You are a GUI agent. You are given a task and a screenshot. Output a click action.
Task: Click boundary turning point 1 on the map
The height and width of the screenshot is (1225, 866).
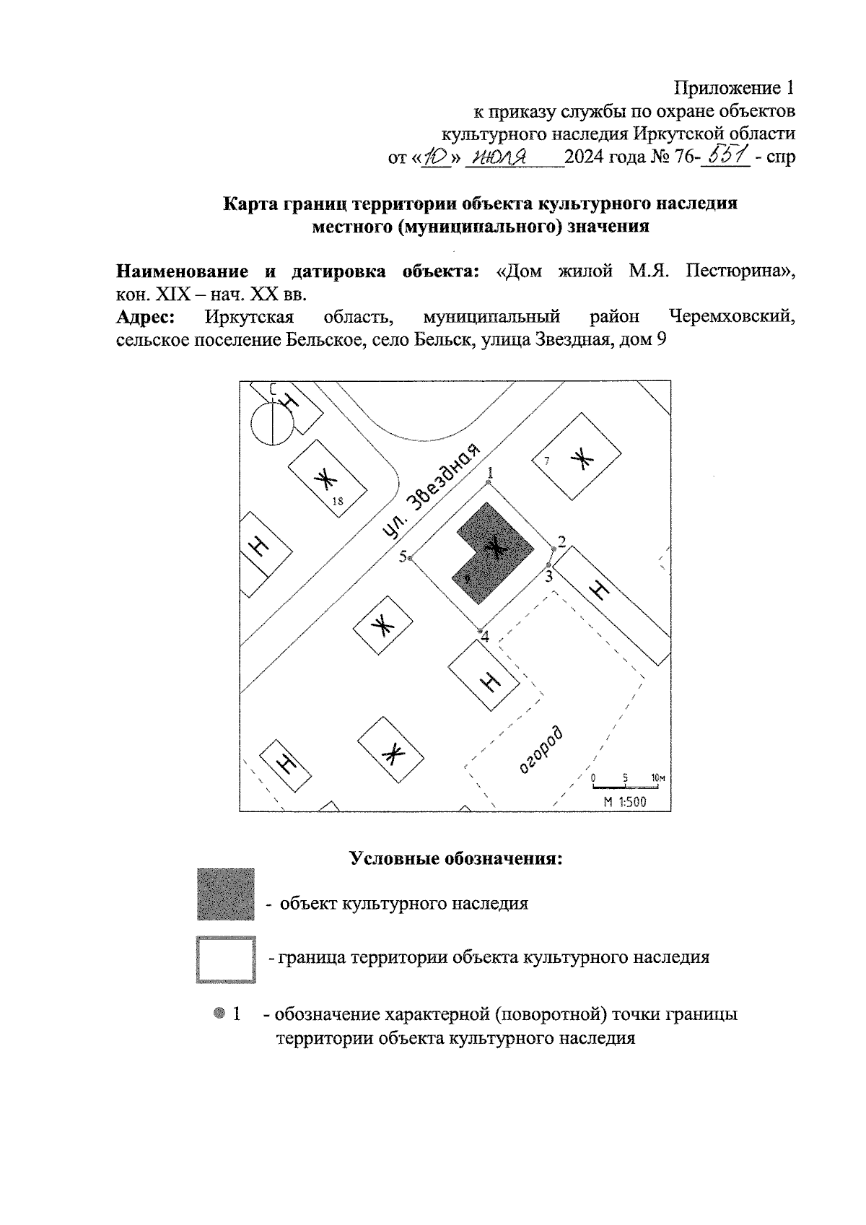coord(489,482)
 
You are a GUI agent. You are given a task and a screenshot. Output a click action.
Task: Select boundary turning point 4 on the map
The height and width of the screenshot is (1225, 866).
coord(481,630)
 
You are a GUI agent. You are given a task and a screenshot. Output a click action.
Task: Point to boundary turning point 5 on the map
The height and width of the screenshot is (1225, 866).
coord(410,558)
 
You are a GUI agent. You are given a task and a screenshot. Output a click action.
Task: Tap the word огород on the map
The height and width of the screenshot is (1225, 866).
coord(541,751)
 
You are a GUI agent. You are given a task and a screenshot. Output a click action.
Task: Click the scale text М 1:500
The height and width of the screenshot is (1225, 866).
coord(625,801)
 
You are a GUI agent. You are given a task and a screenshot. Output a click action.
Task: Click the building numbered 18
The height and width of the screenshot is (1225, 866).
coord(325,479)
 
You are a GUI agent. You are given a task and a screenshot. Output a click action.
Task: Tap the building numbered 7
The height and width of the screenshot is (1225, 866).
coord(576,457)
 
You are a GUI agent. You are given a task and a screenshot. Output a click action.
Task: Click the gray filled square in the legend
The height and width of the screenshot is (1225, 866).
coord(226,894)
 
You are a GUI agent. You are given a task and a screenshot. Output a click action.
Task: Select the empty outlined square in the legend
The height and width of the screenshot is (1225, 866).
coord(226,959)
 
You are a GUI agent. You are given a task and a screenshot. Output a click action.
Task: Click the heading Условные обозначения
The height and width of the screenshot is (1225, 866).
coord(455,859)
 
